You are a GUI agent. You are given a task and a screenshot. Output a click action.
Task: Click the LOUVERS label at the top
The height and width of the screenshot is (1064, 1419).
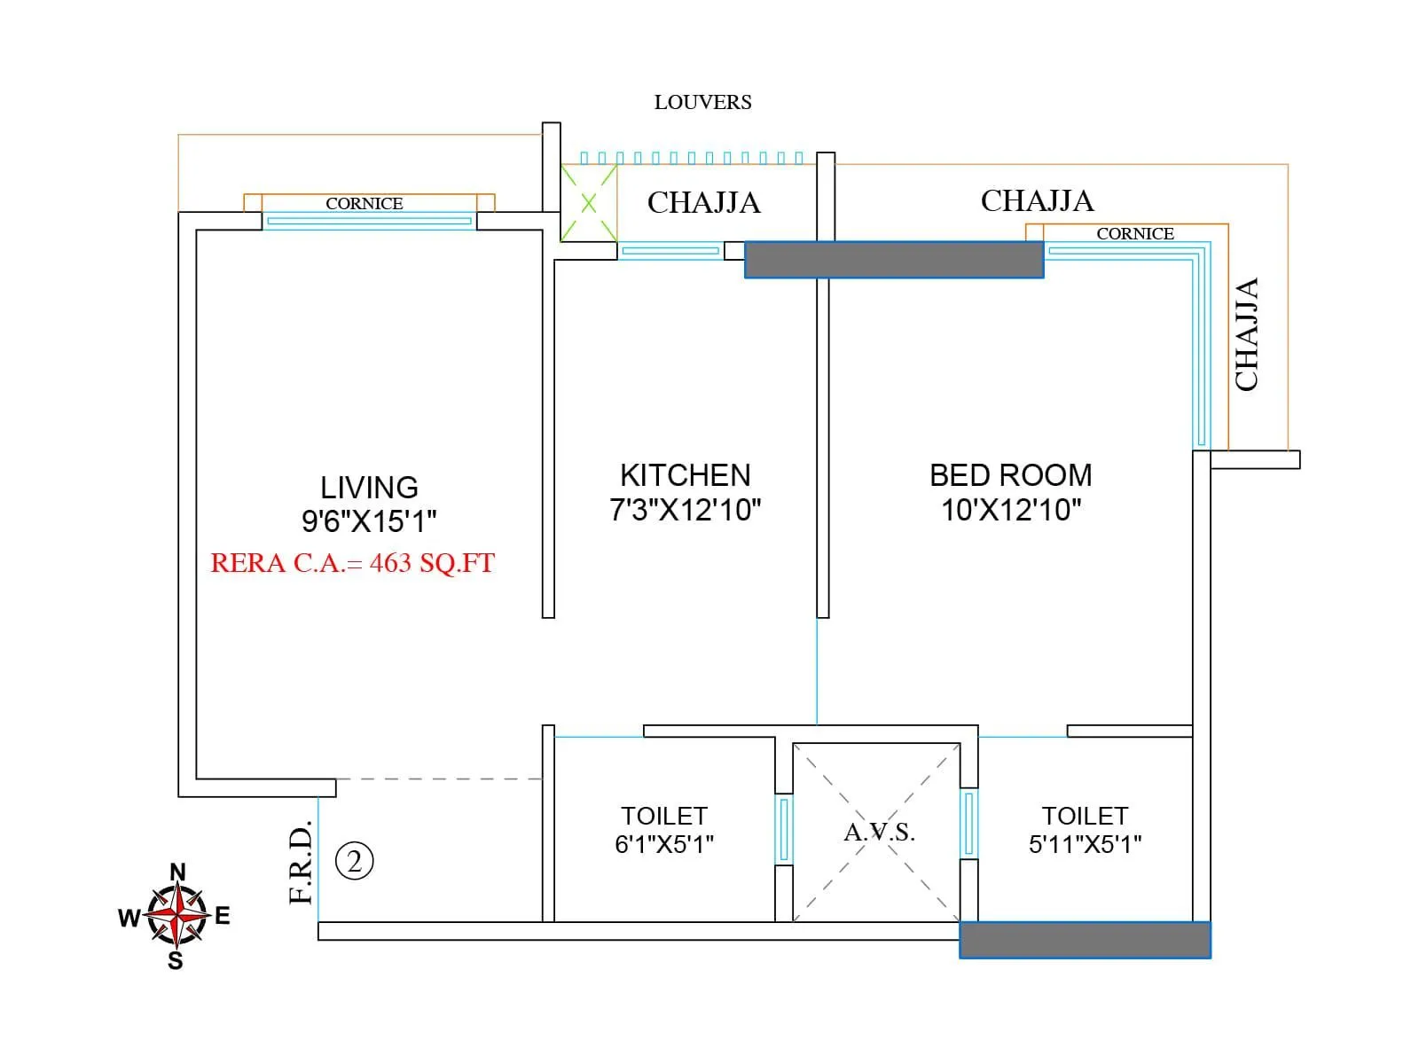point(702,103)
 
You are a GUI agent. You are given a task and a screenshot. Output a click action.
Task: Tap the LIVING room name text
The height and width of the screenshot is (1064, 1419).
point(369,488)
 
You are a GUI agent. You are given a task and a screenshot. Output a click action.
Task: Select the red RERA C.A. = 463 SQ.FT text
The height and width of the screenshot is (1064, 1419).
point(352,563)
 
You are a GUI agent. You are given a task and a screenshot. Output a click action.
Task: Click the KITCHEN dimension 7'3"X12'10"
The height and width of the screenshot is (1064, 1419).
point(685,510)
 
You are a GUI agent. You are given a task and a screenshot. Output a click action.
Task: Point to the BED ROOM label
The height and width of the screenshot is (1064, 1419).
point(1010,475)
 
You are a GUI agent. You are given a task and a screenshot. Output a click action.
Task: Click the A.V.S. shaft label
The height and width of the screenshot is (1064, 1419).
point(878,833)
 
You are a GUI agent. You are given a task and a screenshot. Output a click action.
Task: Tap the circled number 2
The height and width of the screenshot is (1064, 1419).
point(355,861)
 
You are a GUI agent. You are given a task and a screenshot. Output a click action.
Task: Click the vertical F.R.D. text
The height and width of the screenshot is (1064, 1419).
point(302,863)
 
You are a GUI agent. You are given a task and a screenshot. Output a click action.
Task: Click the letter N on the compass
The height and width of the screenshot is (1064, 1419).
point(178,872)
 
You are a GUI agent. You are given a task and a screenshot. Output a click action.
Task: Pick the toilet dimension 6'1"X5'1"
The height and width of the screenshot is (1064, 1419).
point(664,844)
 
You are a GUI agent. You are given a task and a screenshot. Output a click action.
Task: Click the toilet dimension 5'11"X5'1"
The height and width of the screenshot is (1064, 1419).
point(1085,844)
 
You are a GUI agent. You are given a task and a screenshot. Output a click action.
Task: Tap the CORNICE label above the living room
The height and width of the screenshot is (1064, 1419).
point(364,204)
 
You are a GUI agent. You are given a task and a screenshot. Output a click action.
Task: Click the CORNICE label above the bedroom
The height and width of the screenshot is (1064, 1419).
point(1134,234)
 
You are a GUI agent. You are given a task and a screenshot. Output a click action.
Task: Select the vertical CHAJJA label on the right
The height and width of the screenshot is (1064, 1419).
point(1247,334)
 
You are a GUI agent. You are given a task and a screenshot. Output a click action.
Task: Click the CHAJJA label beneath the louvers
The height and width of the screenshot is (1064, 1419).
point(703,203)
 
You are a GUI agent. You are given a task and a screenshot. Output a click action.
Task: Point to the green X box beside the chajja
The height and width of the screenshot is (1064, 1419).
point(589,203)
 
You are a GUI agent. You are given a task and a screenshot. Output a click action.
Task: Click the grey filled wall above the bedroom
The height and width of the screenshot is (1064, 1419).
point(894,260)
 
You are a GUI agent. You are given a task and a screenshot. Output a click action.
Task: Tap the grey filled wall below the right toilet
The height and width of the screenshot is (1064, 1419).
point(1085,940)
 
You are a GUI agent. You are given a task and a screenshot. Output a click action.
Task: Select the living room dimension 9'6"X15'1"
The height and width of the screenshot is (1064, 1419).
point(369,521)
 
